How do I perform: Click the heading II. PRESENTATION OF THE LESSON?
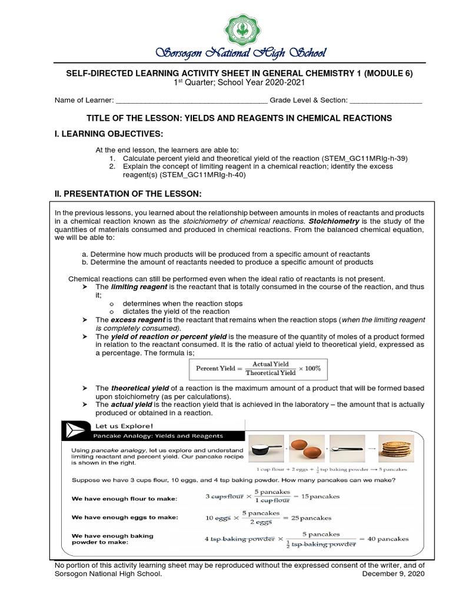pyautogui.click(x=128, y=194)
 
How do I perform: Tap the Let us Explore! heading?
pyautogui.click(x=118, y=425)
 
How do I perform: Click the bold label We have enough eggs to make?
pyautogui.click(x=124, y=518)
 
